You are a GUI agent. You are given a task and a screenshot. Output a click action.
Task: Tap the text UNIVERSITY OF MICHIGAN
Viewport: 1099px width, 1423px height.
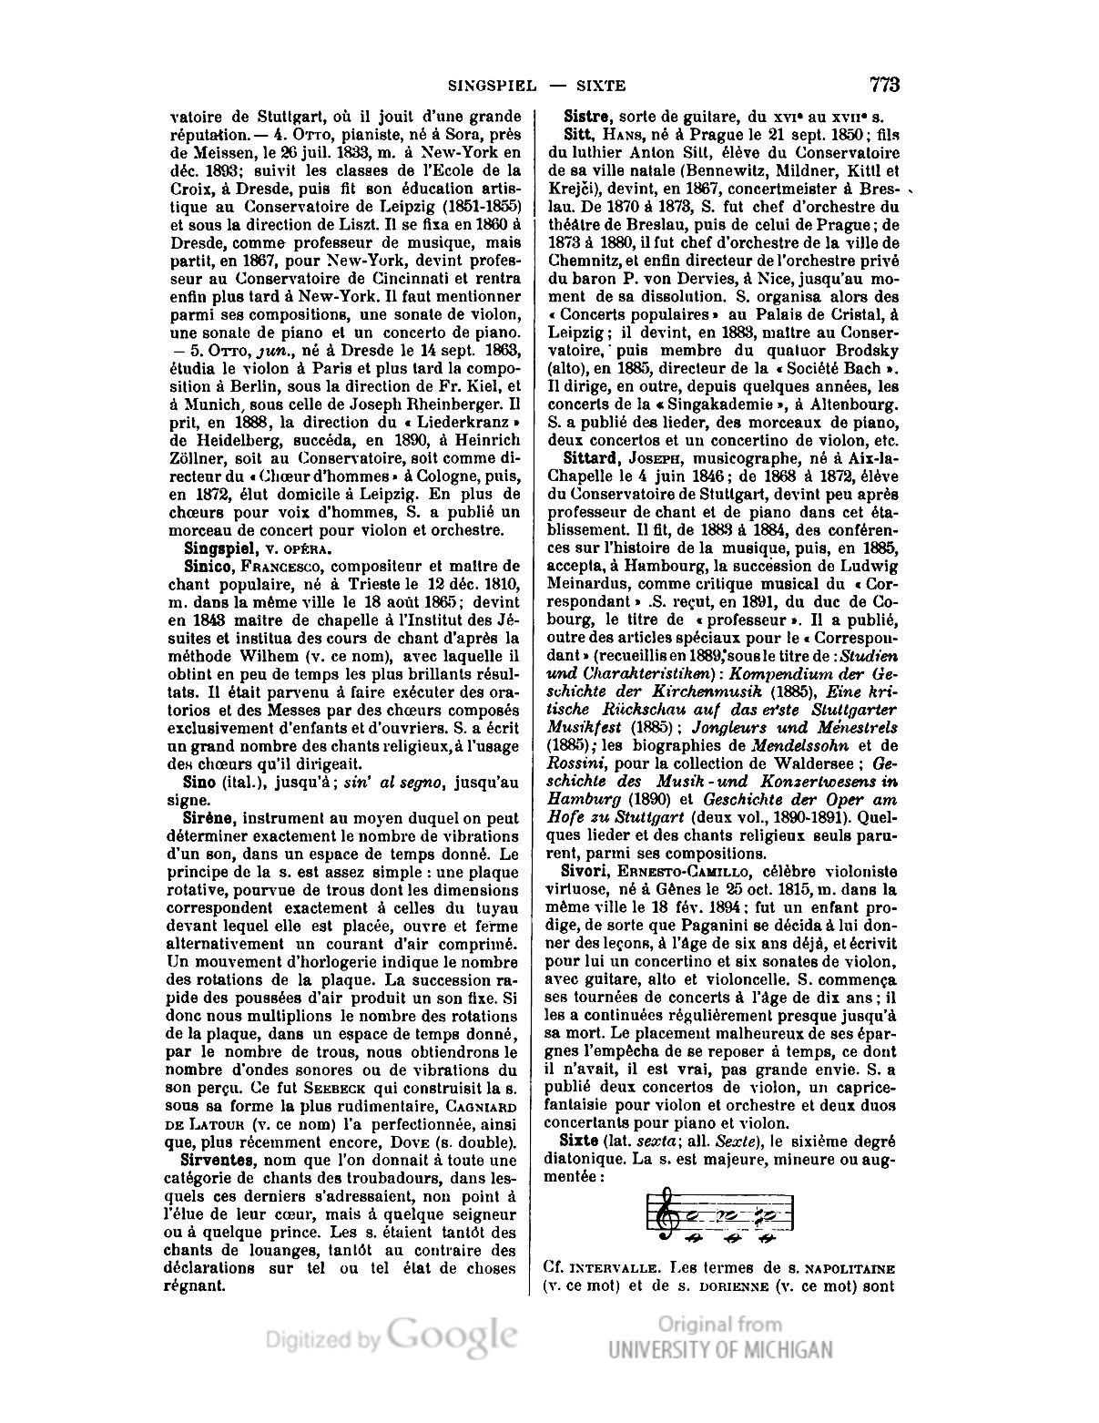(x=719, y=1349)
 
